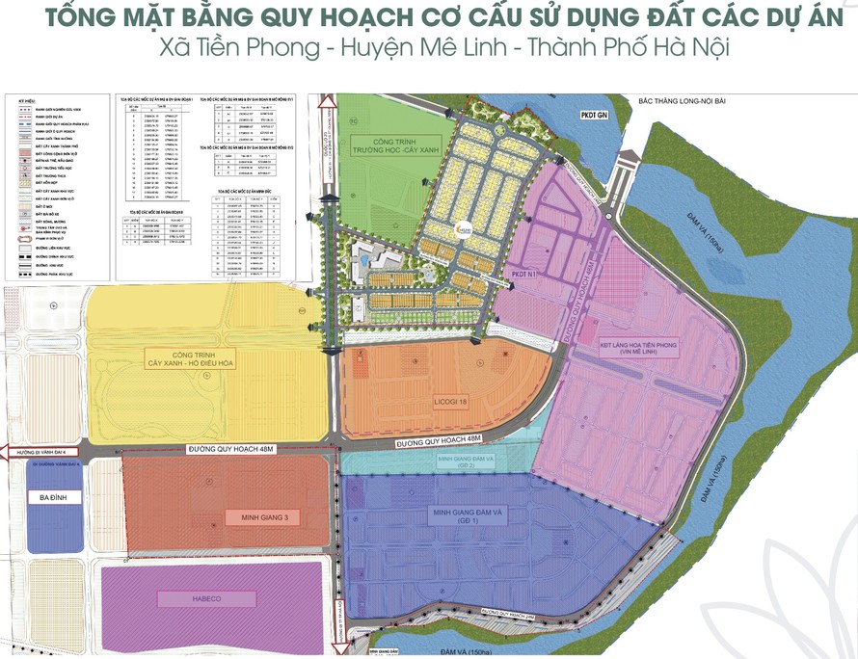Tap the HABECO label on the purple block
(x=183, y=598)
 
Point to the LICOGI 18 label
(x=450, y=401)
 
